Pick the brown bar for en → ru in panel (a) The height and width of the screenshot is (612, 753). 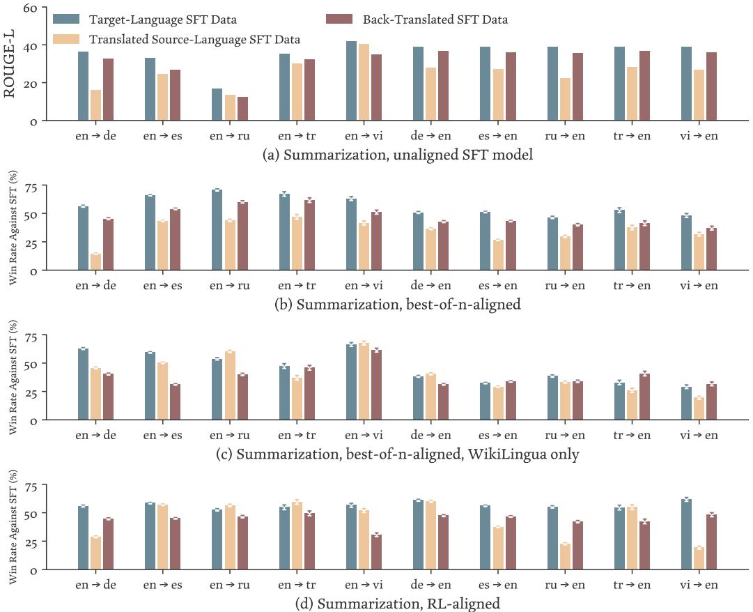point(242,109)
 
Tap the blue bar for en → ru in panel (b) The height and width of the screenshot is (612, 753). point(217,229)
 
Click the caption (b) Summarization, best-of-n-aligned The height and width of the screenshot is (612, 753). point(398,305)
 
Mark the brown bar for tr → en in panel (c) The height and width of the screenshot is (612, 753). point(644,397)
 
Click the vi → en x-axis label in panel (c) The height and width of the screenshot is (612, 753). point(699,436)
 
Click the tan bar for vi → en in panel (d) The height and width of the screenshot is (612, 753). point(699,558)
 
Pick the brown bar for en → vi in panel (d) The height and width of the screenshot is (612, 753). point(376,552)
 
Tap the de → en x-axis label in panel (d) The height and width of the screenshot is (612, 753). point(431,586)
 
